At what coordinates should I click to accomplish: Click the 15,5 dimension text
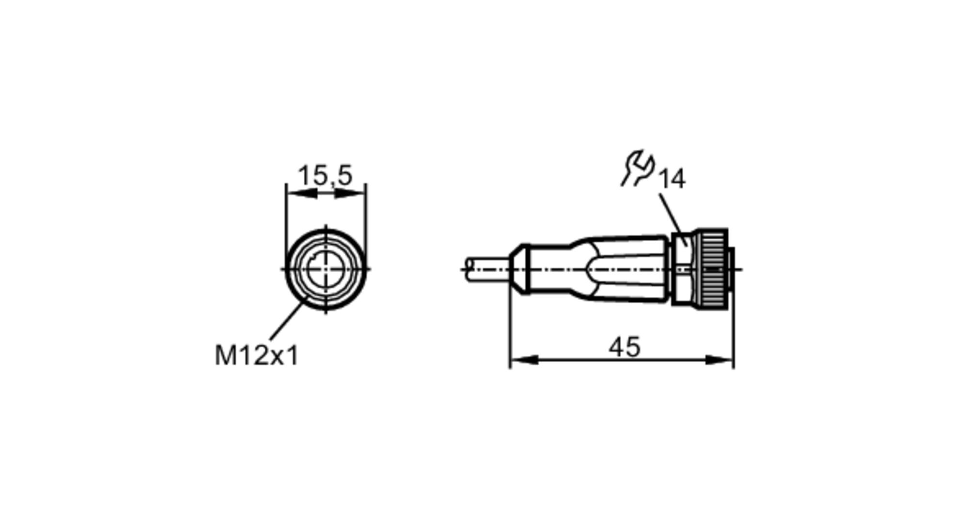[x=325, y=175]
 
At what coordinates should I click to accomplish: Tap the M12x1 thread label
[x=257, y=355]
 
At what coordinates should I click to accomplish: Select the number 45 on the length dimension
[x=624, y=347]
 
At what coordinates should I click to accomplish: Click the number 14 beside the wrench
[x=672, y=179]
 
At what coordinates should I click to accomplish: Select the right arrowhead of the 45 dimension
[x=719, y=360]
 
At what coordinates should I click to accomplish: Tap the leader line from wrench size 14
[x=672, y=218]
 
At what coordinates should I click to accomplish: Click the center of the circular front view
[x=325, y=269]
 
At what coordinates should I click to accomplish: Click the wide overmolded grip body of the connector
[x=630, y=269]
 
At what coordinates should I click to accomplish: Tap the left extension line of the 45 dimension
[x=510, y=329]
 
